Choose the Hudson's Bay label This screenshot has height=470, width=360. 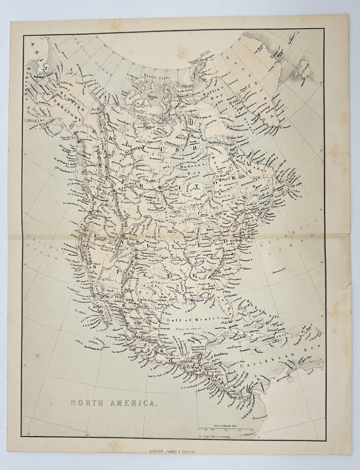190,165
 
